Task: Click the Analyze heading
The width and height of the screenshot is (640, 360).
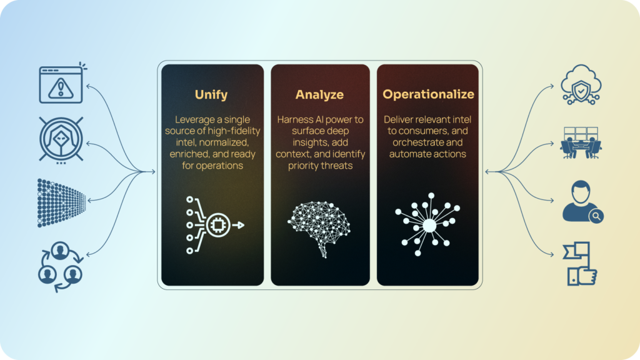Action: [x=319, y=95]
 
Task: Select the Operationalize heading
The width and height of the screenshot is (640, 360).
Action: [x=428, y=95]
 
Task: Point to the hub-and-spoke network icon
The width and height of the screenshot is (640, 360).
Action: [x=428, y=224]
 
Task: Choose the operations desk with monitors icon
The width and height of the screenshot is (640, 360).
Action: [x=581, y=143]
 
